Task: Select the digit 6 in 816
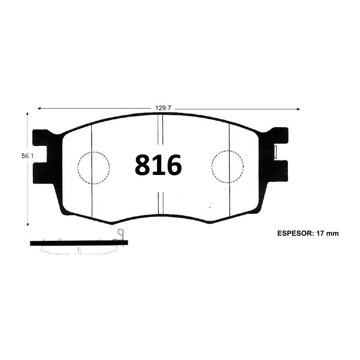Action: [172, 165]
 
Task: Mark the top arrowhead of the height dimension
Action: [28, 114]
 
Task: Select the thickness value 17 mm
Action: [328, 233]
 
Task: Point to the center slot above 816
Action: [161, 130]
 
